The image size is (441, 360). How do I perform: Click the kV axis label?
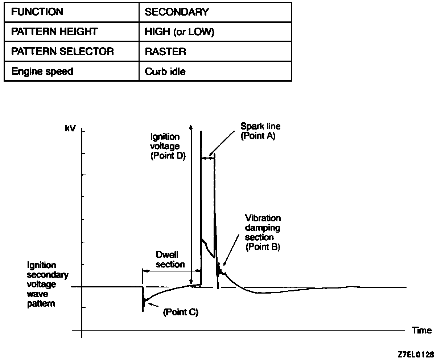70,129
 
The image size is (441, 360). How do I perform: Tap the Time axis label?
422,330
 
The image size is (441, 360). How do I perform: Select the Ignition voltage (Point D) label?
168,146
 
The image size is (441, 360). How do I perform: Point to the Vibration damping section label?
263,233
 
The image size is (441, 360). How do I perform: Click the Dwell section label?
170,259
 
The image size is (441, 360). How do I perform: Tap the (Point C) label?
181,312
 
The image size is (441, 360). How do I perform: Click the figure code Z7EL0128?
415,353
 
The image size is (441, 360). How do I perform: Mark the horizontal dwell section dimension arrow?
172,270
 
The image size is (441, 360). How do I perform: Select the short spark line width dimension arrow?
208,158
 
